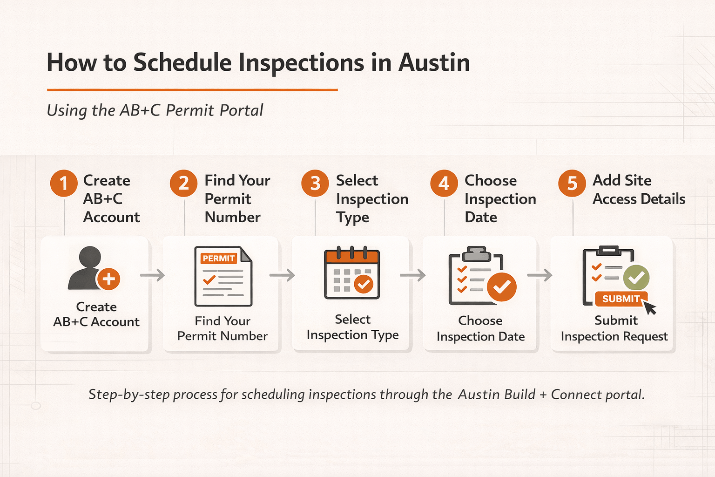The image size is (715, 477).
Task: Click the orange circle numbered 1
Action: click(x=64, y=183)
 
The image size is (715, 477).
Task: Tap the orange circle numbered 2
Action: click(x=184, y=183)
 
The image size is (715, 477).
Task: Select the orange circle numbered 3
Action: click(x=315, y=183)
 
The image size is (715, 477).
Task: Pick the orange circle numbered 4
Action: click(x=444, y=183)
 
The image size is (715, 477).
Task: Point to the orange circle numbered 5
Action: click(x=572, y=183)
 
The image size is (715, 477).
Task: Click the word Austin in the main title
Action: click(x=434, y=62)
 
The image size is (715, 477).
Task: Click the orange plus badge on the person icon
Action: click(x=108, y=279)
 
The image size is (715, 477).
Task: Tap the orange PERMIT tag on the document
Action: click(x=218, y=259)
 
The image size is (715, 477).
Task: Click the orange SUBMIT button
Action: click(x=621, y=299)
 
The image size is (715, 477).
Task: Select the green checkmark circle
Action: click(x=636, y=278)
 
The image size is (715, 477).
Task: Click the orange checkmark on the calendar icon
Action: click(x=364, y=284)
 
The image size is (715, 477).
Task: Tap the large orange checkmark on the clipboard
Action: click(x=501, y=287)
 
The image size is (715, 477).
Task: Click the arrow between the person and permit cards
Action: click(x=153, y=275)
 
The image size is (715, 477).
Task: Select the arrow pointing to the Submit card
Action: click(x=540, y=275)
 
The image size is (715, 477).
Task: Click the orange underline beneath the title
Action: click(x=192, y=89)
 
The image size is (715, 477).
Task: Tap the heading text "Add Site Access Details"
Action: click(x=638, y=190)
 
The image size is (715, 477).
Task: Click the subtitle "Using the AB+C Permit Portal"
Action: click(x=155, y=110)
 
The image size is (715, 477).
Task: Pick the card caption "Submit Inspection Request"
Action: click(x=614, y=328)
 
